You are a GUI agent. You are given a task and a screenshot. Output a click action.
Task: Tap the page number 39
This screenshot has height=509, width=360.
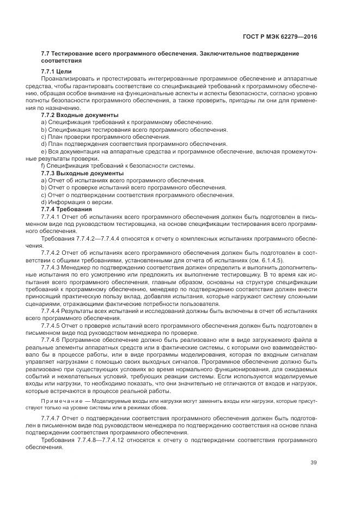point(313,463)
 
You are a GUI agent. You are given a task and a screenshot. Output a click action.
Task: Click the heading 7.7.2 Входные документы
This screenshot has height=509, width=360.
point(80,115)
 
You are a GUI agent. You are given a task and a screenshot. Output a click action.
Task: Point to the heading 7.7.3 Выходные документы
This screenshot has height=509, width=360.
point(82,173)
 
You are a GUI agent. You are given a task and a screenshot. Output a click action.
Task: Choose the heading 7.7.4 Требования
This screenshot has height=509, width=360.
point(66,209)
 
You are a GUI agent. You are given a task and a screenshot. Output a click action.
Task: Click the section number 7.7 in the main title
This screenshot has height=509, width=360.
point(45,54)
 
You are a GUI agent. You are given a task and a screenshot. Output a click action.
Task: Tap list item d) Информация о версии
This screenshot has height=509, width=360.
point(77,202)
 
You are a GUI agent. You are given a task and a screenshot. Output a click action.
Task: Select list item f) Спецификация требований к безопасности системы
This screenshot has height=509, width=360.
point(118,165)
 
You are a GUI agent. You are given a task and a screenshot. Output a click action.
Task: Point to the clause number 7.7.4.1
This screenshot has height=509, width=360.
point(53,216)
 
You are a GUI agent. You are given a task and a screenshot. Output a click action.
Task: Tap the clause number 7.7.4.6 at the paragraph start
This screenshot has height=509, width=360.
point(53,339)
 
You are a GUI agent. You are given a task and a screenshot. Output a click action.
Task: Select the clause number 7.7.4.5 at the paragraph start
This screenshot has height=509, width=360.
point(53,325)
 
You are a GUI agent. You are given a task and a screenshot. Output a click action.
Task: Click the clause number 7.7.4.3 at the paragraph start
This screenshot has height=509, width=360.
point(53,267)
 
